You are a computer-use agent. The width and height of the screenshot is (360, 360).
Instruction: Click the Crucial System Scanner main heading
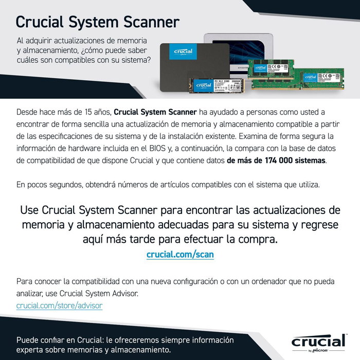98,22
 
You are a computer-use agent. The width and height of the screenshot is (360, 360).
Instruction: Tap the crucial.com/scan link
180,254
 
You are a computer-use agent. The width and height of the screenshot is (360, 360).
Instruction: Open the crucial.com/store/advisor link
59,305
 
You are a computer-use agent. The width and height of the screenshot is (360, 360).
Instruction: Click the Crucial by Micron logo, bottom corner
318,343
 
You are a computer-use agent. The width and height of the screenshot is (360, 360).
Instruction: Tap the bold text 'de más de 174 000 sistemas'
276,160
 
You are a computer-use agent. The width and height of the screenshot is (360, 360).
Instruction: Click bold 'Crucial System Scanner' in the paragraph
155,112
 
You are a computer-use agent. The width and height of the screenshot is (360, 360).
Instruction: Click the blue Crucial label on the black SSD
183,51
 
